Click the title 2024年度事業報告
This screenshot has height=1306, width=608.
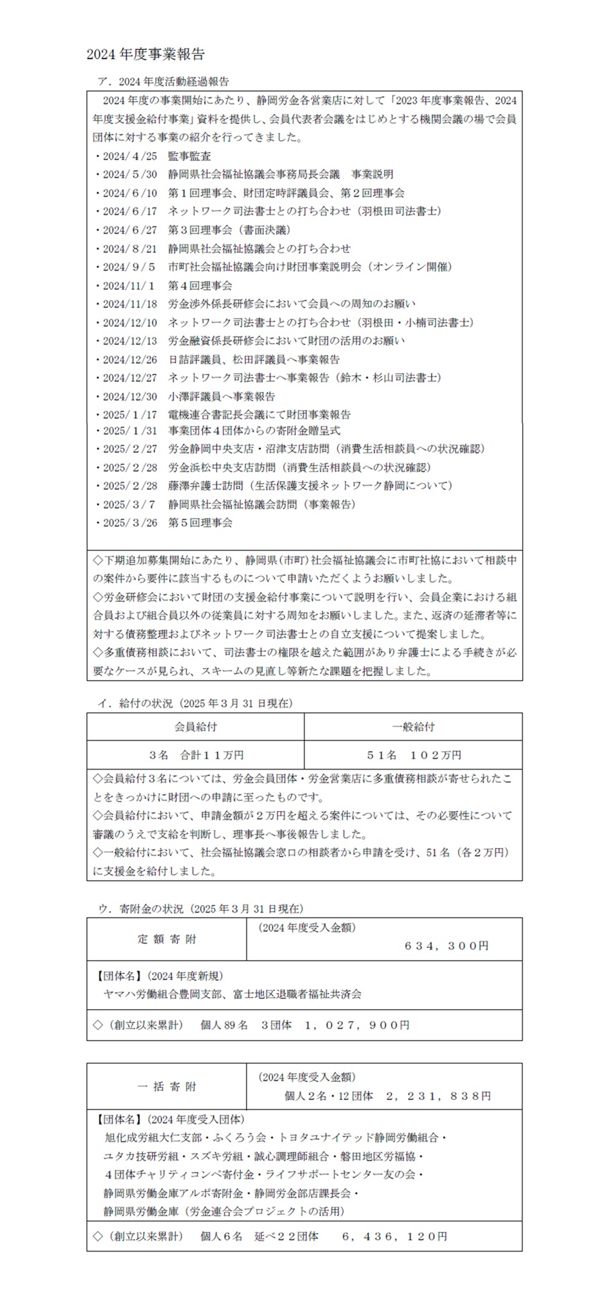[x=145, y=55]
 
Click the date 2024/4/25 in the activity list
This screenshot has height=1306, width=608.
[x=130, y=156]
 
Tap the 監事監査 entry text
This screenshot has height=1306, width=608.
[x=189, y=156]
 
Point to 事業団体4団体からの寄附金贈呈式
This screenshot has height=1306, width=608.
[x=254, y=430]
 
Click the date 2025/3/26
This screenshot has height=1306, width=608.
[x=130, y=522]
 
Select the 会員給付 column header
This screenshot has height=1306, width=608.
[x=195, y=727]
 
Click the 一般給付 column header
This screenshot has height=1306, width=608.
[x=413, y=727]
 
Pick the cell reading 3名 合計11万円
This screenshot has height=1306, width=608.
[x=195, y=755]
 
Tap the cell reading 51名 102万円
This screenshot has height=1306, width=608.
[x=413, y=755]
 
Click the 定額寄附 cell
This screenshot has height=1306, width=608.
[x=167, y=939]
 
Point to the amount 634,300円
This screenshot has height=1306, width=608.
[x=446, y=945]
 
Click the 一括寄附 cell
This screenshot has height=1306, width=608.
[x=167, y=1086]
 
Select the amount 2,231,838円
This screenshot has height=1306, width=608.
[x=438, y=1096]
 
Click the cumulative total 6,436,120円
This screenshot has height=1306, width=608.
[x=394, y=1236]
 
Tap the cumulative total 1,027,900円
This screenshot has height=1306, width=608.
[x=356, y=1025]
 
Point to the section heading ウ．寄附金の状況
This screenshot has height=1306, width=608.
[x=200, y=908]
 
